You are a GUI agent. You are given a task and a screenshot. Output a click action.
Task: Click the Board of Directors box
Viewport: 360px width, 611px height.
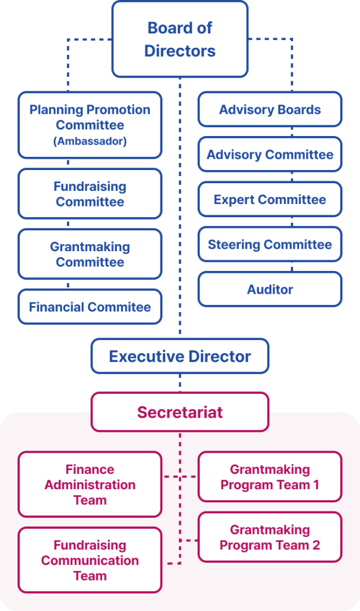pos(180,39)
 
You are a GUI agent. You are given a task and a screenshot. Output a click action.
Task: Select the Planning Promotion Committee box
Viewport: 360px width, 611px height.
pos(90,125)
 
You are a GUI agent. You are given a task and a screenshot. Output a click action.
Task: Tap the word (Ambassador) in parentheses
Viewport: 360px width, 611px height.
pos(90,141)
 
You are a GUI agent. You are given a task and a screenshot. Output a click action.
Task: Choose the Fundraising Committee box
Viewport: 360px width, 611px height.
pos(90,194)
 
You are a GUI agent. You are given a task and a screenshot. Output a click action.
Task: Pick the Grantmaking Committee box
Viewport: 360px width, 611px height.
pos(90,254)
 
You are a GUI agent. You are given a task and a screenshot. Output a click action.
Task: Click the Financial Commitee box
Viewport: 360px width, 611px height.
pos(90,307)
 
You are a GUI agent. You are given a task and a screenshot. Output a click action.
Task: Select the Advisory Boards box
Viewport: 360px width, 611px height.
pos(270,109)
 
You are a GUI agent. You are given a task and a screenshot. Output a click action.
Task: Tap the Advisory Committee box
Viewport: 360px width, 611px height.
pos(270,155)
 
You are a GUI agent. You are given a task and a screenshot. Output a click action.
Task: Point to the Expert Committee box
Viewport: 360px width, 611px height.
pos(270,199)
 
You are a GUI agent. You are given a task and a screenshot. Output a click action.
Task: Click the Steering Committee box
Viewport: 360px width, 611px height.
pos(270,244)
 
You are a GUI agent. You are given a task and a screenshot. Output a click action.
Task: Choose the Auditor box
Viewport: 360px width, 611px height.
pos(270,289)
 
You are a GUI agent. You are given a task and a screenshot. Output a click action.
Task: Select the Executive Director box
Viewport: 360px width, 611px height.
pos(180,356)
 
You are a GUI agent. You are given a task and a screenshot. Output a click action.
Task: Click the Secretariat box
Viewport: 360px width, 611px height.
pos(180,412)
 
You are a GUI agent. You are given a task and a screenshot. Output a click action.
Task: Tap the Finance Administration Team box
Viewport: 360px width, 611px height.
pos(90,485)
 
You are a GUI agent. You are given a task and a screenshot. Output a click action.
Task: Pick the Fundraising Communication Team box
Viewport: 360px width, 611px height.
pos(90,560)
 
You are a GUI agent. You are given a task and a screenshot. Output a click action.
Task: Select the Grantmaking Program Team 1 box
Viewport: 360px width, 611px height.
pos(270,477)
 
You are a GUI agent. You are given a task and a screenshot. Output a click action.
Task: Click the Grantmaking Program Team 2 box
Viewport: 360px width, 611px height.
pos(270,537)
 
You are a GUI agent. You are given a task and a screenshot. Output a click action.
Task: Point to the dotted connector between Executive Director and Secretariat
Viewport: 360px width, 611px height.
pos(180,382)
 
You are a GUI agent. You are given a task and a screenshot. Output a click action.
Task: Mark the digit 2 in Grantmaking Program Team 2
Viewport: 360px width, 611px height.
pos(316,545)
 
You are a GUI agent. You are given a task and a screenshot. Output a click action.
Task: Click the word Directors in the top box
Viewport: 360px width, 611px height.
pos(180,51)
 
